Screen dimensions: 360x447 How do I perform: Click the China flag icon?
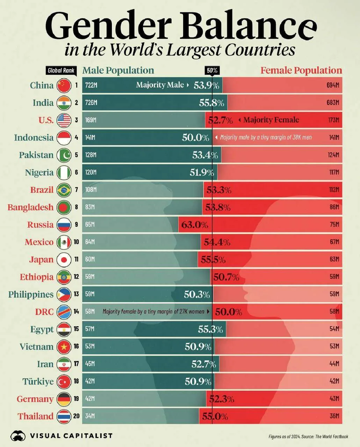[64, 85]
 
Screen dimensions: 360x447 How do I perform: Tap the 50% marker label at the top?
[212, 71]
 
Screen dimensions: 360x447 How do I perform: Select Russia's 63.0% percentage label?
[194, 225]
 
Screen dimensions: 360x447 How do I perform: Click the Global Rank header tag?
[61, 71]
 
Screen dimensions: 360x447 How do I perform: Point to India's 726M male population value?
[91, 103]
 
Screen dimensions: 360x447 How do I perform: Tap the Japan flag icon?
[64, 259]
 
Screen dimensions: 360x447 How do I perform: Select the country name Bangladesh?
[30, 207]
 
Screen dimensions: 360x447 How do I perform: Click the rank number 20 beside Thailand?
[76, 416]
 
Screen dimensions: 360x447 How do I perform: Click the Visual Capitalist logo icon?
[18, 435]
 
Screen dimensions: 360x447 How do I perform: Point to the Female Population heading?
[301, 71]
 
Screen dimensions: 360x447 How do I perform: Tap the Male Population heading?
[118, 71]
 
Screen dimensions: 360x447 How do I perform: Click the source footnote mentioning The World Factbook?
[308, 437]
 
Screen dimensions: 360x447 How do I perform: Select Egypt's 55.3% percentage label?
[210, 329]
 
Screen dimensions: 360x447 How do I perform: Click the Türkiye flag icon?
[64, 382]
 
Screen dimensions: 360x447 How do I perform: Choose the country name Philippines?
[31, 294]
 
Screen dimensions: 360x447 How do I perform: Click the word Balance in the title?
[248, 26]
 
